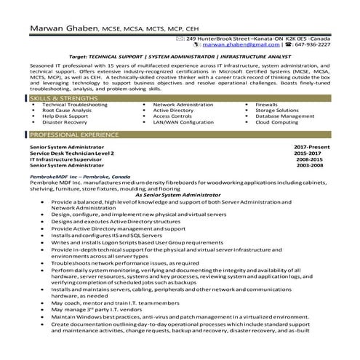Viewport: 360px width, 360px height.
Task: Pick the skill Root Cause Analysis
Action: pyautogui.click(x=67, y=110)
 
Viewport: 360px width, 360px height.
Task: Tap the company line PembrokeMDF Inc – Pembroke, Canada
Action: pyautogui.click(x=79, y=177)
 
